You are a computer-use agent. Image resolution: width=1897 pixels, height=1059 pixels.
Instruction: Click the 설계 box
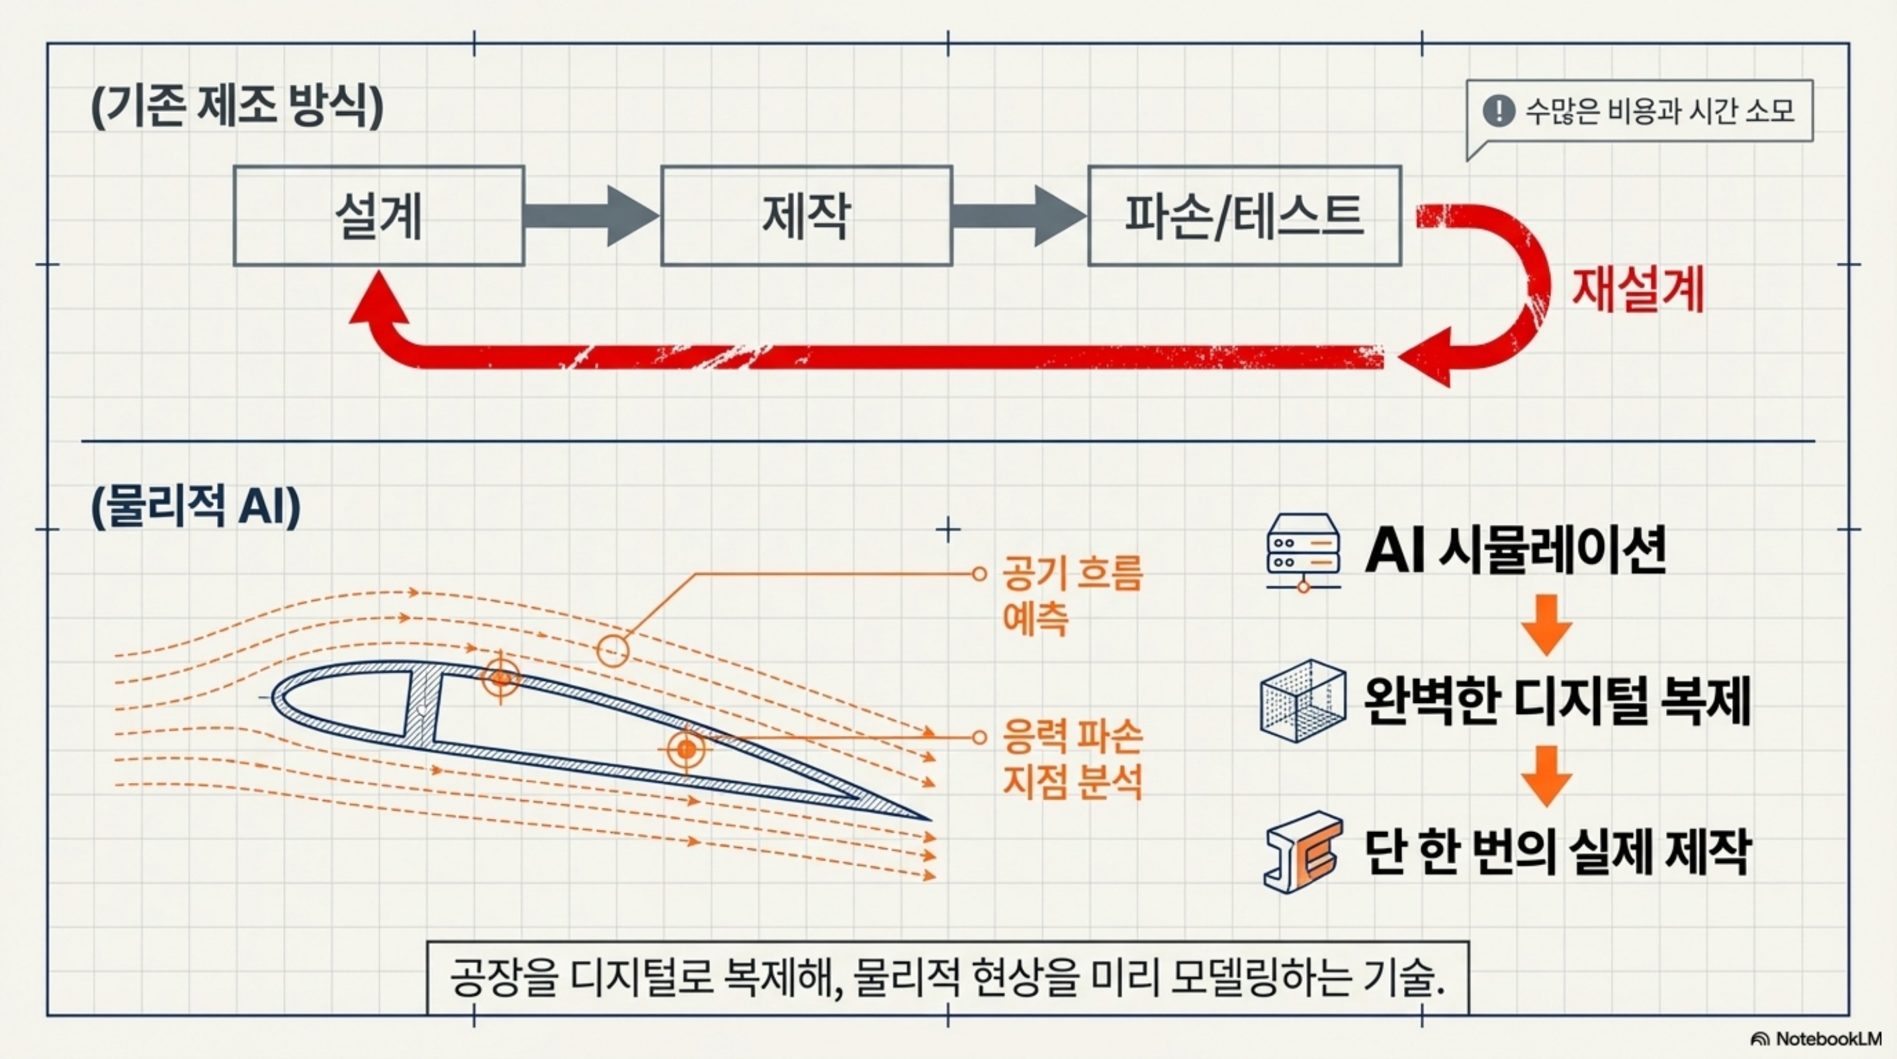coord(378,216)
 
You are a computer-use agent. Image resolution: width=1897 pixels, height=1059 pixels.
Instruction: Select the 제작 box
coord(807,216)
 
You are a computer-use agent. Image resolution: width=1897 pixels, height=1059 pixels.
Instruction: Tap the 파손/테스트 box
coord(1244,216)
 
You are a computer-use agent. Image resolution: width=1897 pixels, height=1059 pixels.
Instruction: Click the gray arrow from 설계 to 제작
coord(591,216)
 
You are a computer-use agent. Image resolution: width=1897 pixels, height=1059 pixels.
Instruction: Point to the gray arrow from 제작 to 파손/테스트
coord(1018,216)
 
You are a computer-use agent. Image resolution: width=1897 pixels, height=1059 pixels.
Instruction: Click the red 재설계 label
coord(1638,289)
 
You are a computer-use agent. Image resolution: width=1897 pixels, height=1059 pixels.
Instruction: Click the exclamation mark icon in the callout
coord(1499,111)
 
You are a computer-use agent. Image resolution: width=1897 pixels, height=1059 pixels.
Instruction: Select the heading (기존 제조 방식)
coord(237,107)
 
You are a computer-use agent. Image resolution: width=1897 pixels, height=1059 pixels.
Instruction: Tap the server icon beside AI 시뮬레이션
coord(1303,552)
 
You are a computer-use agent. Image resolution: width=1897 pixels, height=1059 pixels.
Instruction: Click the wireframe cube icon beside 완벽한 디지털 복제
coord(1302,700)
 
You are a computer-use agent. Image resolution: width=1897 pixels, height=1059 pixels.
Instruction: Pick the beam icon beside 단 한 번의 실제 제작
coord(1302,852)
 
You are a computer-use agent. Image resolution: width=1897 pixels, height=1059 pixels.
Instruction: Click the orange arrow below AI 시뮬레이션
coord(1546,625)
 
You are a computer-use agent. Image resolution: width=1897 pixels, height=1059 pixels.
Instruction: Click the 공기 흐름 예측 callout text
coord(1071,595)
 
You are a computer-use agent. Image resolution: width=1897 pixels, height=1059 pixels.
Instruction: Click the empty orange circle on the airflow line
coord(613,651)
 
